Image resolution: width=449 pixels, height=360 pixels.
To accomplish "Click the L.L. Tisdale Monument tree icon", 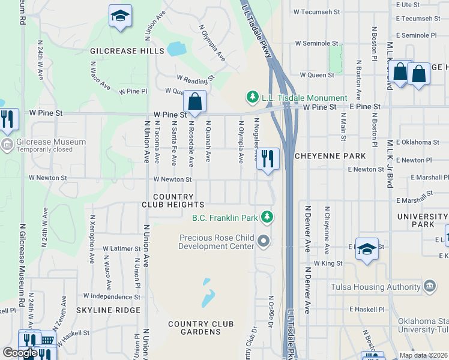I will coord(253,97).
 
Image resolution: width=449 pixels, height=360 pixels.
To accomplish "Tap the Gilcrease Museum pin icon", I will coord(7,144).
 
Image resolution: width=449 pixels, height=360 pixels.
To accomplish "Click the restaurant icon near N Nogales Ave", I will coord(268,159).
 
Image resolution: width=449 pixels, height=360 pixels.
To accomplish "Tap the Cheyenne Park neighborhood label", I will coord(330,156).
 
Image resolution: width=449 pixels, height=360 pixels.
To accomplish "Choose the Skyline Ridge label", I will coord(108,310).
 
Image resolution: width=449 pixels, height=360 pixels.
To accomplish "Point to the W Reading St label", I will coord(195,79).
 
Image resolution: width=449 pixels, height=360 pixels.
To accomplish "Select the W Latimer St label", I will coord(121,248).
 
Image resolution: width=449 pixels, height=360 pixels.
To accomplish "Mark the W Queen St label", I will coord(316,75).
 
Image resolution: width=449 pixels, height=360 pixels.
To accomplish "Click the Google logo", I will coord(20,353).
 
